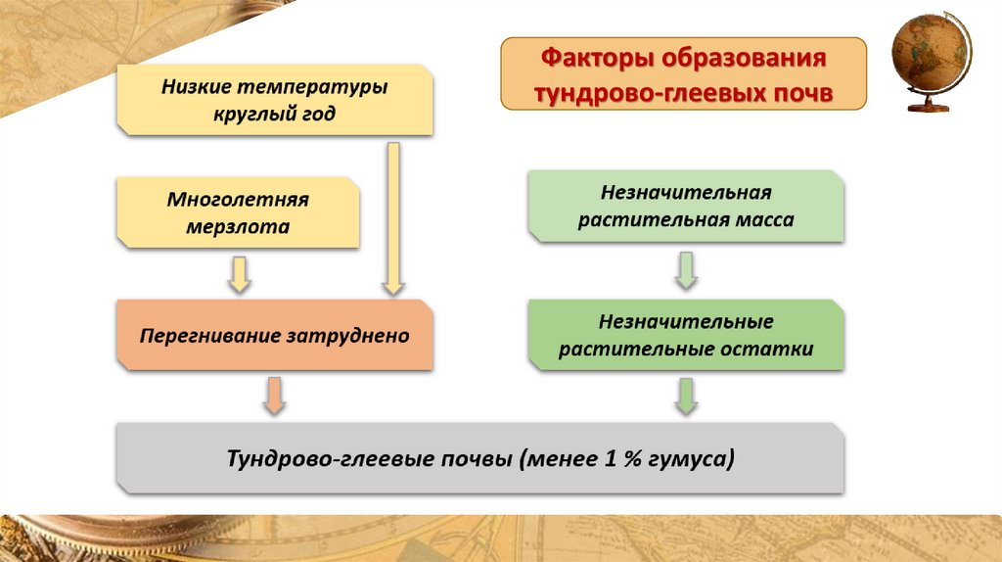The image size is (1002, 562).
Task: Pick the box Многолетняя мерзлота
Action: (238, 212)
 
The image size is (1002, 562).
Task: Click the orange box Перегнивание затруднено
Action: (274, 336)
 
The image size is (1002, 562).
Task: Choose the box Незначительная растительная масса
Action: (685, 207)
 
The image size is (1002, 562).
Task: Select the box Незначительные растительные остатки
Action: (685, 335)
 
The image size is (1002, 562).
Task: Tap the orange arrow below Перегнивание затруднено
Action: (274, 395)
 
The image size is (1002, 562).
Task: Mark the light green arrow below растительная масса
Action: (686, 269)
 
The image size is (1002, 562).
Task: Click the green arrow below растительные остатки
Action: (686, 395)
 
